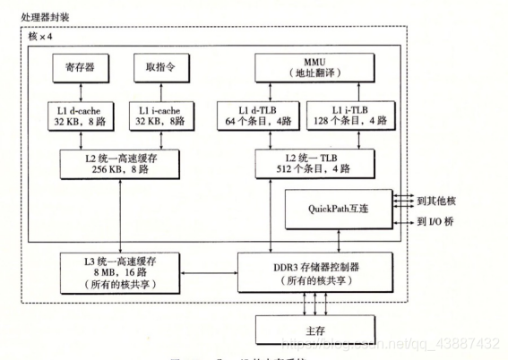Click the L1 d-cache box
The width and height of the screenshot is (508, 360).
pyautogui.click(x=82, y=115)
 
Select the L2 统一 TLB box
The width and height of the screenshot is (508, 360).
pyautogui.click(x=314, y=162)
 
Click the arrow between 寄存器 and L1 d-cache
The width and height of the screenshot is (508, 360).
pyautogui.click(x=82, y=90)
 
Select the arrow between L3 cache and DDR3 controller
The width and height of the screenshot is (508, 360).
pyautogui.click(x=216, y=269)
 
